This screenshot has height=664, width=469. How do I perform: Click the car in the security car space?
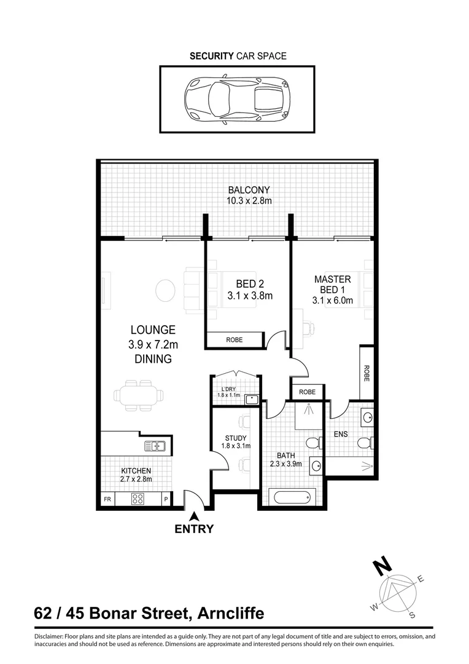coord(236,98)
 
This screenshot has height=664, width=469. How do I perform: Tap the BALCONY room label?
coord(249,190)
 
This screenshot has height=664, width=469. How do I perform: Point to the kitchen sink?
coord(154,446)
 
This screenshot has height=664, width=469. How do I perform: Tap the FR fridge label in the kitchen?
coord(107,499)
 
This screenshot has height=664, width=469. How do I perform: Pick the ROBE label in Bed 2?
coord(234,339)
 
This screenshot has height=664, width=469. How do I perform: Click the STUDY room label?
coord(235,438)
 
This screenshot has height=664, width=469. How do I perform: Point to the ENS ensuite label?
coord(341,433)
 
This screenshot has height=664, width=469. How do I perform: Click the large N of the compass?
coord(383,566)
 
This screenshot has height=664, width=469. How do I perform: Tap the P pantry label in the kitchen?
coord(165,499)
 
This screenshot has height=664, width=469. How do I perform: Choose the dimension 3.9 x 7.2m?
coord(153,344)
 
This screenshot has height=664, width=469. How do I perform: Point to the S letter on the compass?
coord(413,615)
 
